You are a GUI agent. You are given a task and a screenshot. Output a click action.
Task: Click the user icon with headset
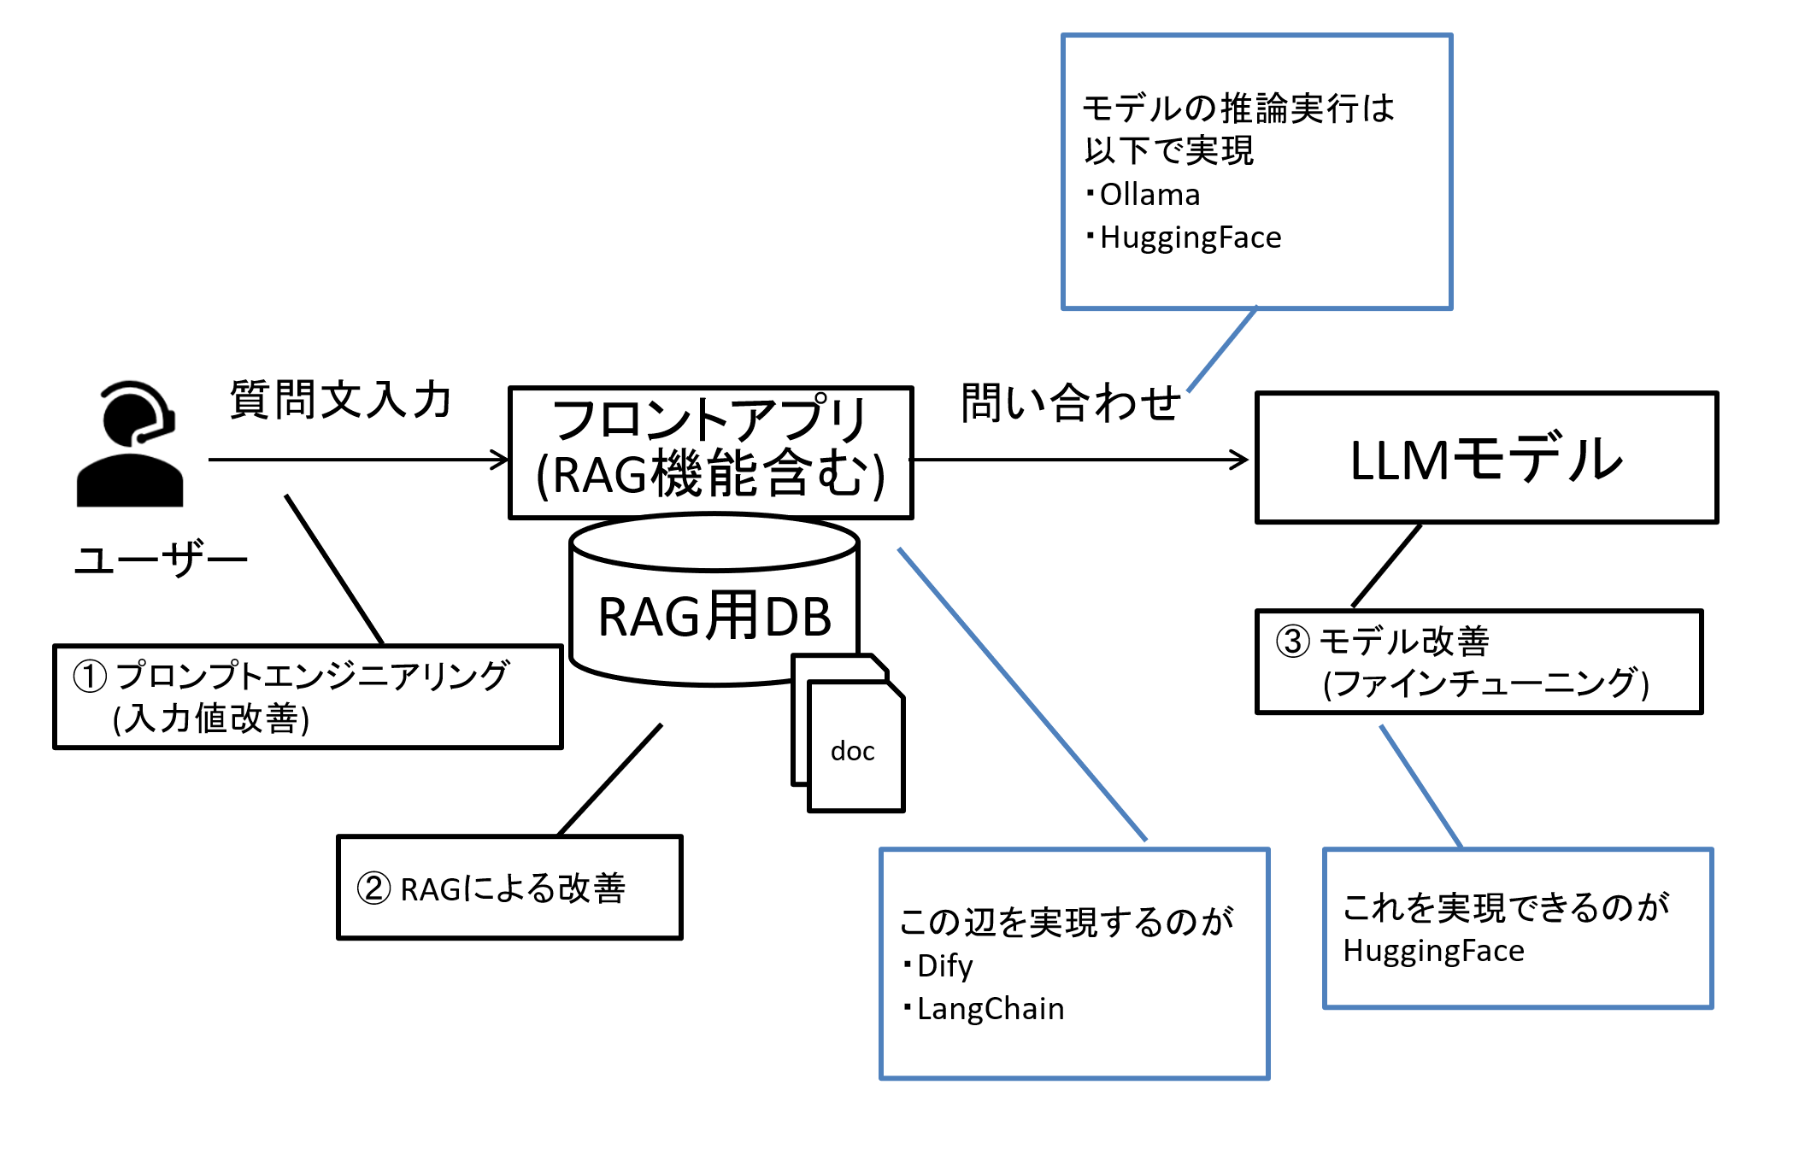[x=130, y=443]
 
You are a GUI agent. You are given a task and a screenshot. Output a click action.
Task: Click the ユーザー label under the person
[x=161, y=560]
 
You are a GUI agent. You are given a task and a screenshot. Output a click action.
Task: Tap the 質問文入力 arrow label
[x=340, y=400]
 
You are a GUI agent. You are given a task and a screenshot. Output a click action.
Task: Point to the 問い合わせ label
[x=1071, y=402]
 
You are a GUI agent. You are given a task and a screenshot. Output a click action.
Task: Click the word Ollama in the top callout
[x=1149, y=195]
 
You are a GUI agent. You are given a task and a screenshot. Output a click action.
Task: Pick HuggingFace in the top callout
[x=1191, y=237]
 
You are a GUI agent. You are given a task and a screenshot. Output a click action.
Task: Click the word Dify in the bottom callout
[x=944, y=966]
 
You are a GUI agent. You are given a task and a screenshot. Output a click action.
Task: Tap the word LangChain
[x=991, y=1009]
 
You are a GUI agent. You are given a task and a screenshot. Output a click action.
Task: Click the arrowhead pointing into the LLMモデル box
[x=1240, y=460]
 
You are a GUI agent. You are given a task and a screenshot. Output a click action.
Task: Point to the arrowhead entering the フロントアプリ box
[x=500, y=460]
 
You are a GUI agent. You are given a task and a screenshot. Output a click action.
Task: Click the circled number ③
[x=1292, y=641]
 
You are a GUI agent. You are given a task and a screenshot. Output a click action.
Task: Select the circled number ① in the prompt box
[x=90, y=677]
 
